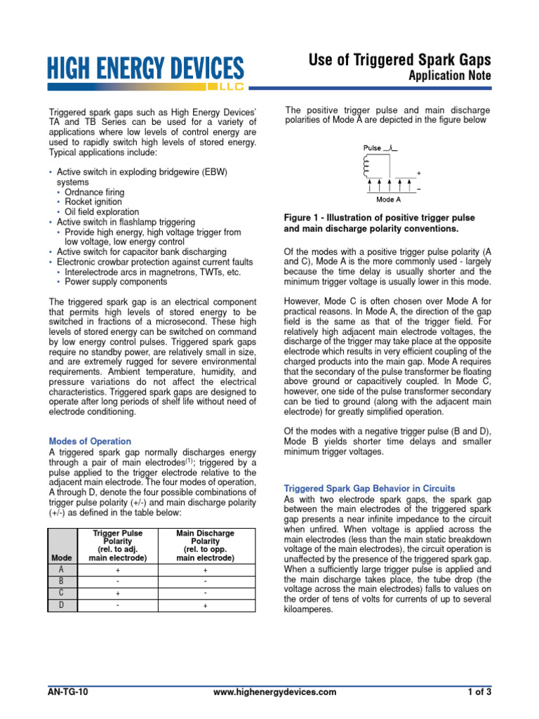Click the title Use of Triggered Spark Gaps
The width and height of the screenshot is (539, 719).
click(399, 60)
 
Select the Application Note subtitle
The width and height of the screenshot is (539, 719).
click(450, 75)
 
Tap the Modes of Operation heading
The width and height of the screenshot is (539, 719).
click(90, 442)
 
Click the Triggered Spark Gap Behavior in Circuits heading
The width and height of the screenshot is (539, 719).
click(369, 488)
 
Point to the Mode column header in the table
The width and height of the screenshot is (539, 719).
click(62, 558)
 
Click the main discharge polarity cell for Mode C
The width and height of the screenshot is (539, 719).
click(206, 594)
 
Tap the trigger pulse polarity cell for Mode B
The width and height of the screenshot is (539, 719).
click(117, 582)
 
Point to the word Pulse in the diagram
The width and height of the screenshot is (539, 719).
click(373, 148)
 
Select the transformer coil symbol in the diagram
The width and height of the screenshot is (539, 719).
click(366, 167)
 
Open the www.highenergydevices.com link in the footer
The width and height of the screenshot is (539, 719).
click(274, 692)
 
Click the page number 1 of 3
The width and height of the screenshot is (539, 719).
click(480, 692)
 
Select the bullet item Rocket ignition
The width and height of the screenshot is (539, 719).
click(95, 202)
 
